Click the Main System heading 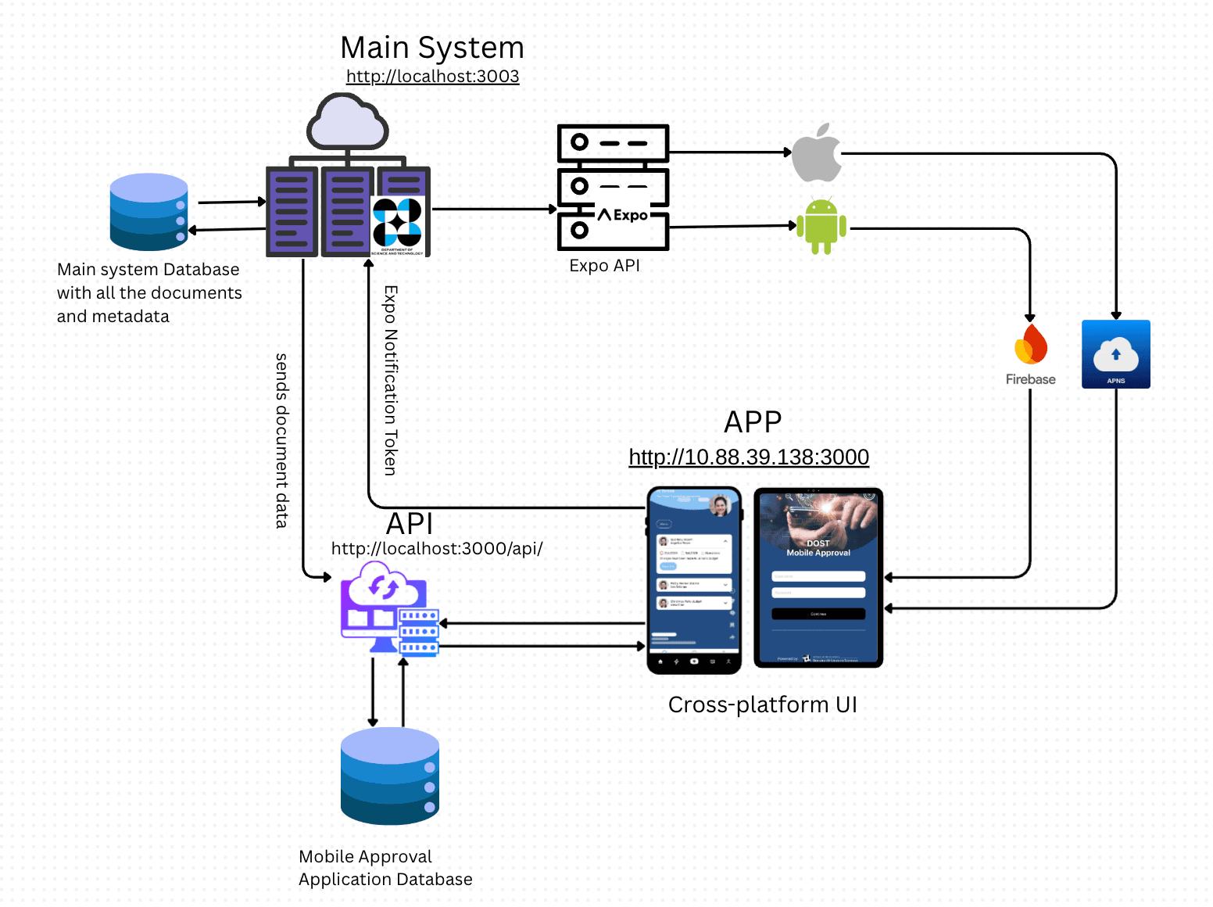point(432,48)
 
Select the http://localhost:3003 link point(432,77)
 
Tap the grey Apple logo point(816,153)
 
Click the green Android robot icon point(821,226)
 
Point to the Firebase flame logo point(1031,346)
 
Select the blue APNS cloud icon point(1115,354)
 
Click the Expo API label point(604,266)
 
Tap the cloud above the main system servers point(348,123)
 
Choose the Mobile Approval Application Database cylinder point(389,776)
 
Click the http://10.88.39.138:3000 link point(749,457)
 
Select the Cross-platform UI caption point(762,705)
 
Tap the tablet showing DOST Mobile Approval point(818,578)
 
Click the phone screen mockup point(694,579)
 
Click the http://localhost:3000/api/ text point(437,549)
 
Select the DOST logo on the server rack point(398,225)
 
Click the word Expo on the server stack point(630,215)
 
